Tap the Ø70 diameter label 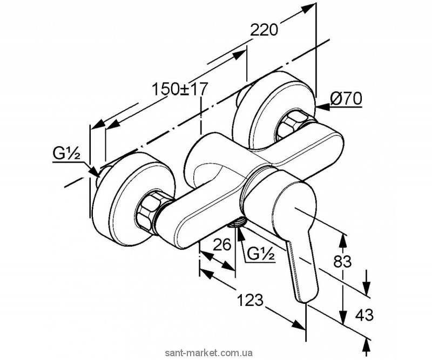(346, 98)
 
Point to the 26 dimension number (222, 244)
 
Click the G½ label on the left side (66, 154)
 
